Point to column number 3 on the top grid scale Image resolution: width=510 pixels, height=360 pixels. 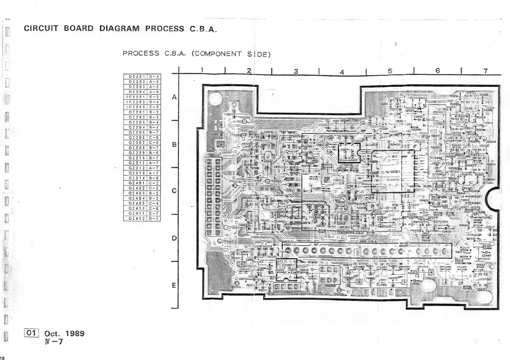(296, 71)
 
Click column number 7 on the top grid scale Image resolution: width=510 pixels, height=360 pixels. (485, 71)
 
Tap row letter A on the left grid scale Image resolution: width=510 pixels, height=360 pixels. (174, 97)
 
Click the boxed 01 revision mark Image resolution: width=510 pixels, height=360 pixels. (33, 333)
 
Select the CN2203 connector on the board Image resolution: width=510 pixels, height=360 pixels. (330, 286)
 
